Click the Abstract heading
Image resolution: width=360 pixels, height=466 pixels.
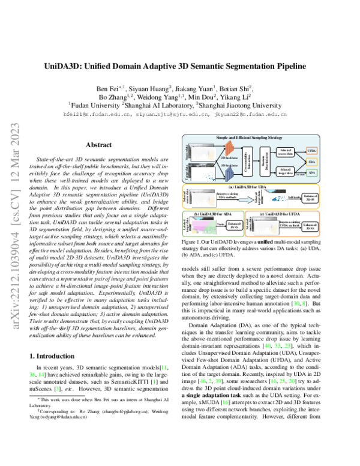click(x=98, y=145)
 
